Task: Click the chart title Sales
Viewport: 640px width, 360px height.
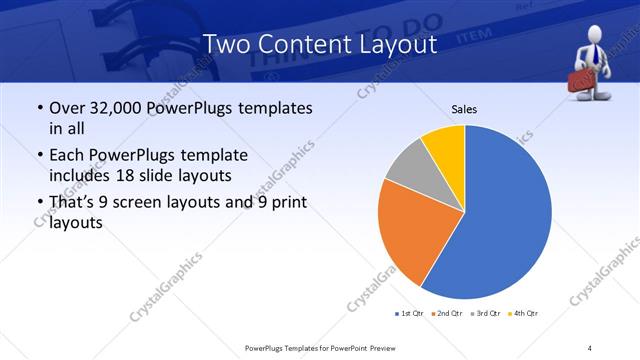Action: pos(464,108)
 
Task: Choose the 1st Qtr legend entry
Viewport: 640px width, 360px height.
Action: pos(409,313)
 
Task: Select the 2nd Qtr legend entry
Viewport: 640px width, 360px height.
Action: pos(447,313)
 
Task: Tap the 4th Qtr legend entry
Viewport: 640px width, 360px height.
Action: pos(524,313)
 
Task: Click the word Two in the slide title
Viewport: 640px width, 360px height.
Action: pos(228,44)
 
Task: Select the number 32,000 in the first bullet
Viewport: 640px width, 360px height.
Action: pos(112,108)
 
